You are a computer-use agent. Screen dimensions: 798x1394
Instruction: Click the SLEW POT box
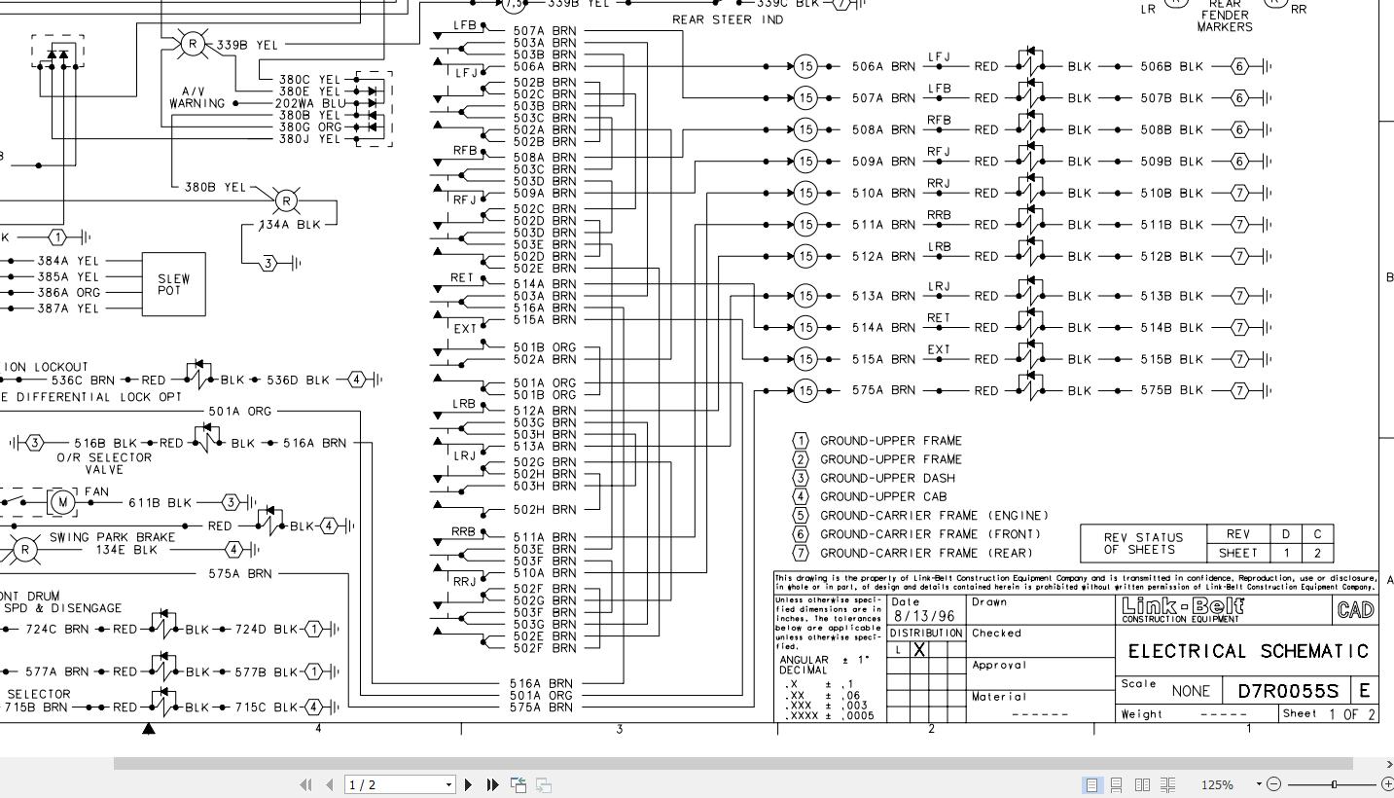point(174,284)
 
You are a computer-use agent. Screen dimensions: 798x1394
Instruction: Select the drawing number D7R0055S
point(1288,692)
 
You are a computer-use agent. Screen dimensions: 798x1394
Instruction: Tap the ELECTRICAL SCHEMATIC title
point(1249,651)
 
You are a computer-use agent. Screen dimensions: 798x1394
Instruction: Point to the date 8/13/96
point(924,616)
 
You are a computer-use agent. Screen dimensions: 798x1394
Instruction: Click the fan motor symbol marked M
point(62,502)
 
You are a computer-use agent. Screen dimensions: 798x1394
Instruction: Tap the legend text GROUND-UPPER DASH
point(887,478)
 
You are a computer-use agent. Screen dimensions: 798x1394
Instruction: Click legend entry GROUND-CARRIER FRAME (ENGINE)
point(934,516)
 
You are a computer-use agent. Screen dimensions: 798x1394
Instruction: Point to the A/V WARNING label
point(197,97)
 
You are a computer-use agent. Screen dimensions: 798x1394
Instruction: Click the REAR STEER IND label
point(728,20)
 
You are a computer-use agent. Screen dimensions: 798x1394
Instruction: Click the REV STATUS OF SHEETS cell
point(1143,543)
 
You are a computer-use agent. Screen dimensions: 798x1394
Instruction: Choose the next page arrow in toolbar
point(469,784)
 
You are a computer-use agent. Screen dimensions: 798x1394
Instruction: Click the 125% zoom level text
point(1217,784)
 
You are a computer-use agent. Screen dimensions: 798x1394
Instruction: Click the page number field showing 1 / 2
point(395,784)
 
